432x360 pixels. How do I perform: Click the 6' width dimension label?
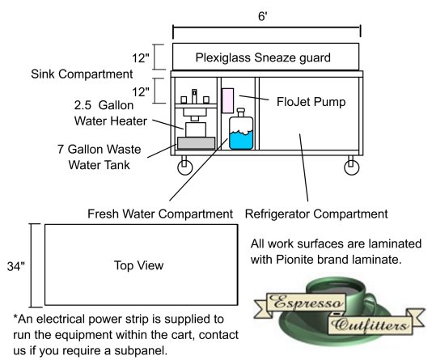[x=263, y=16]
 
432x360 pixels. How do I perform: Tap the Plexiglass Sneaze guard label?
[x=263, y=57]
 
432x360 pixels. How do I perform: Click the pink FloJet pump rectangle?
[x=228, y=100]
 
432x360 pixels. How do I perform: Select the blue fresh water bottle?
[x=241, y=129]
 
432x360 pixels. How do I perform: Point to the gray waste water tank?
[x=196, y=143]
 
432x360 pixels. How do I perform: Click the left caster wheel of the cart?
[x=185, y=167]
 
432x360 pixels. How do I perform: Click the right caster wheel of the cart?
[x=352, y=167]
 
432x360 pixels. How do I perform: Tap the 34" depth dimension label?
[x=15, y=266]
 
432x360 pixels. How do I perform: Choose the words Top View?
[x=138, y=265]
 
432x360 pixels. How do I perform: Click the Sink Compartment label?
[x=82, y=74]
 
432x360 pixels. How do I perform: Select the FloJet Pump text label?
[x=311, y=102]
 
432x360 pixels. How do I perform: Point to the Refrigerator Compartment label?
[x=316, y=214]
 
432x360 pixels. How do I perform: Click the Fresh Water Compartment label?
[x=160, y=214]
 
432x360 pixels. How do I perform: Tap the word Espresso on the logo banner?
[x=307, y=303]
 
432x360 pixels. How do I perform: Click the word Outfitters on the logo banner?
[x=369, y=325]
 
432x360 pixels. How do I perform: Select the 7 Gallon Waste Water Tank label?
[x=100, y=157]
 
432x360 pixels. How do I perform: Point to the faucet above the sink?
[x=194, y=95]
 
